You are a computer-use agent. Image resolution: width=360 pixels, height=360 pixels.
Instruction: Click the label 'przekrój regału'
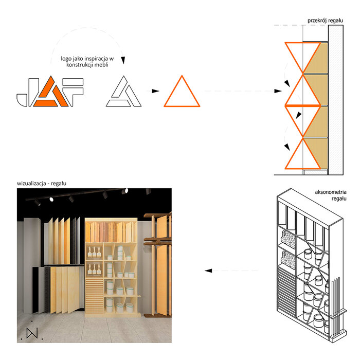(x=325, y=21)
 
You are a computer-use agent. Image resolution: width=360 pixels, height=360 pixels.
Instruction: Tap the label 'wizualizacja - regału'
(x=42, y=184)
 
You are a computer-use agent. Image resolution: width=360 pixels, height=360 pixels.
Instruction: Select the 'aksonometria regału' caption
(x=331, y=195)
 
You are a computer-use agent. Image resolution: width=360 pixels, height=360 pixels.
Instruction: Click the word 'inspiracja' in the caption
(x=96, y=59)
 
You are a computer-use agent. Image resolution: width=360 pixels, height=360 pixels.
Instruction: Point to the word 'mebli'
(x=101, y=65)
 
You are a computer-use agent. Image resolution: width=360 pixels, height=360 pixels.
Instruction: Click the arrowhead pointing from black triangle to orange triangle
(x=155, y=91)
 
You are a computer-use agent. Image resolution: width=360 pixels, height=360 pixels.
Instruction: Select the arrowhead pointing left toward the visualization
(x=208, y=271)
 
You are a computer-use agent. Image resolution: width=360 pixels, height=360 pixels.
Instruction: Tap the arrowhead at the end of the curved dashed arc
(x=123, y=60)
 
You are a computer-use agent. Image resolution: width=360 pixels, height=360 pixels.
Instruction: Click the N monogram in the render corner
(x=32, y=333)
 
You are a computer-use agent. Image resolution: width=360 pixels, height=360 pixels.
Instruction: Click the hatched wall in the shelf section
(x=335, y=100)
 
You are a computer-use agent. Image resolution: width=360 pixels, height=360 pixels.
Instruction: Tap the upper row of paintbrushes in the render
(x=94, y=252)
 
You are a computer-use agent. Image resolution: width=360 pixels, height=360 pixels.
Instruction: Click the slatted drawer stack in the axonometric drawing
(x=286, y=292)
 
